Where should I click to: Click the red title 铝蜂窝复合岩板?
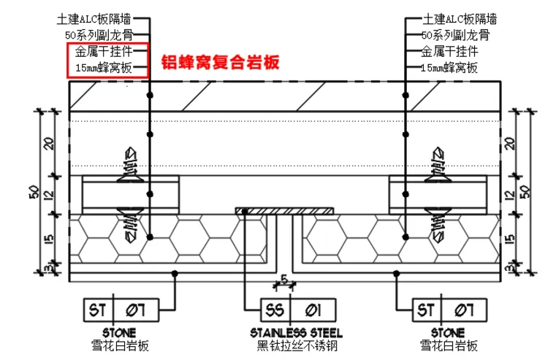point(220,63)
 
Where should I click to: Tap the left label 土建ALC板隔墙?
point(94,19)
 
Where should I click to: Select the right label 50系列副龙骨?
point(455,35)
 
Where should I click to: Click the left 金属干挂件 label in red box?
point(104,52)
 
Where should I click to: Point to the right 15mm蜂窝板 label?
point(449,67)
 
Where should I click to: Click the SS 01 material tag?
point(298,310)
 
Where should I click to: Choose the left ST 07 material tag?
point(121,310)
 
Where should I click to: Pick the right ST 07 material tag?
point(449,310)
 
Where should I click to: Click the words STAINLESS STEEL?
point(297,333)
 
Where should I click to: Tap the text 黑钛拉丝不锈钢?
point(297,346)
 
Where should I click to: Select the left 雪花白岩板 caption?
point(120,345)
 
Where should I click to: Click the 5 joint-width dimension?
point(284,280)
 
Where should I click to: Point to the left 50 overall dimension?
point(34,191)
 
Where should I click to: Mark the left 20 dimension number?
point(50,143)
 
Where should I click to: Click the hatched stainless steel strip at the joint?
point(284,211)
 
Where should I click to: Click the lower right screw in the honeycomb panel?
point(438,225)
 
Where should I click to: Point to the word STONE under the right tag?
point(448,333)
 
